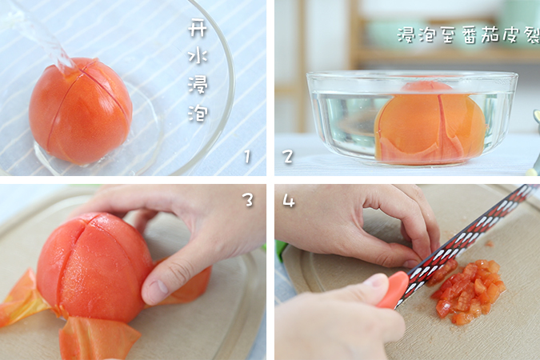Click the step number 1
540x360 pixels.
coord(247,157)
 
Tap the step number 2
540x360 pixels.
coord(288,157)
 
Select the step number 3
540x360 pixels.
coord(247,199)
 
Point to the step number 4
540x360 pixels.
coord(289,200)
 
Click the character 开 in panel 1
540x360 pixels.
coord(198,28)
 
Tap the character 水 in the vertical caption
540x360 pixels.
coord(198,56)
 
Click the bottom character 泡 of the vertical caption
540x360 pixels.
coord(198,113)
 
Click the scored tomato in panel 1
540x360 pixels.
coord(81,111)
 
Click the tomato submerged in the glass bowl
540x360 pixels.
coord(430,122)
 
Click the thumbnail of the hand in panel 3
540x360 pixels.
coord(158,288)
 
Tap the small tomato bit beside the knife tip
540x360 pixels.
coord(489,244)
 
